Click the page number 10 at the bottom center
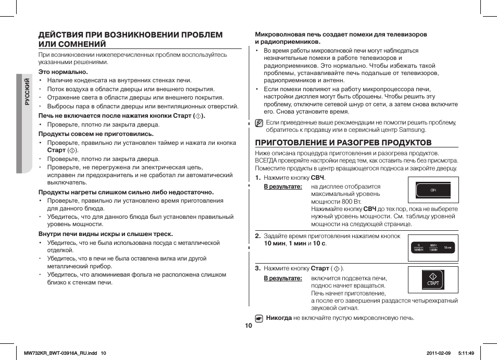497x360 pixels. [248, 326]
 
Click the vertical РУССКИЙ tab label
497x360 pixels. [27, 91]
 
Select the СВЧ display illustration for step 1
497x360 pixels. [432, 190]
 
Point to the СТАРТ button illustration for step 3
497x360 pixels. [432, 279]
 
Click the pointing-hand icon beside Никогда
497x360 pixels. [259, 318]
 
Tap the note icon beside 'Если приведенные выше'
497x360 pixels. [259, 123]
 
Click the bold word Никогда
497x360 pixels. [279, 317]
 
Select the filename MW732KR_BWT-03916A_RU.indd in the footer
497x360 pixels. [61, 353]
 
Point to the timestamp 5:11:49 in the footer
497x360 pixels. [466, 353]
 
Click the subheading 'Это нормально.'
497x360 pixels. [63, 72]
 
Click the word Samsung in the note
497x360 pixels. [414, 130]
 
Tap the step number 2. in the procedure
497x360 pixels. [257, 236]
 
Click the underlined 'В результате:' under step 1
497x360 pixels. [282, 187]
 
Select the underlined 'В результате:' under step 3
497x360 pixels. [282, 278]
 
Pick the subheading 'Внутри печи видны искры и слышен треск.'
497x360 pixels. [106, 234]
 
